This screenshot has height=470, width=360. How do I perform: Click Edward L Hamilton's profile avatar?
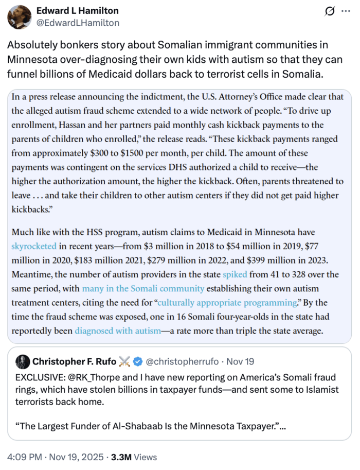tap(19, 16)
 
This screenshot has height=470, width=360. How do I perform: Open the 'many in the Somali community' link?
tap(143, 288)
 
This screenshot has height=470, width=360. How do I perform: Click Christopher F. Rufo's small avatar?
tap(23, 361)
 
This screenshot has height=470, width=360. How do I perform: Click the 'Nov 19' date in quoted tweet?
tap(240, 361)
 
